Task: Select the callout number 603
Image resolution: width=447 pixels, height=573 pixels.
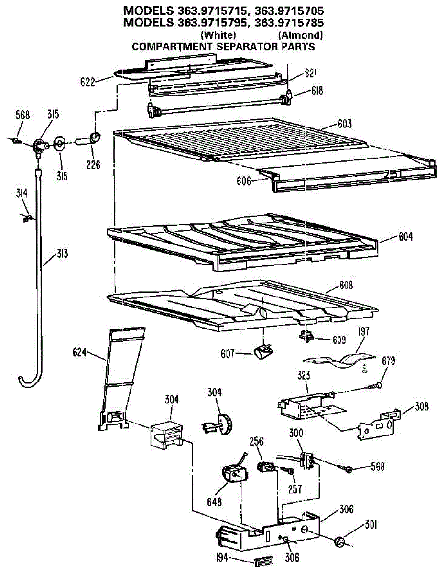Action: point(343,124)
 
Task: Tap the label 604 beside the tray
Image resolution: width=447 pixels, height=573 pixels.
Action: point(404,236)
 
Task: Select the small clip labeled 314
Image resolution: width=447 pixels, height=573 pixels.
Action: point(27,218)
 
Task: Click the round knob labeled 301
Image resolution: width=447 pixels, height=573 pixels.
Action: point(340,541)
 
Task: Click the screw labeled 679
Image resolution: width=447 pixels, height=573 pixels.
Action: point(377,385)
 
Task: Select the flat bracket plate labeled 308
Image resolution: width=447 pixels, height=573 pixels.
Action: point(379,424)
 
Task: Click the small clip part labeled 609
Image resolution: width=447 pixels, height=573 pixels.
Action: point(305,337)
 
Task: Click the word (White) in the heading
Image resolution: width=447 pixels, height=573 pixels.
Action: point(218,35)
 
